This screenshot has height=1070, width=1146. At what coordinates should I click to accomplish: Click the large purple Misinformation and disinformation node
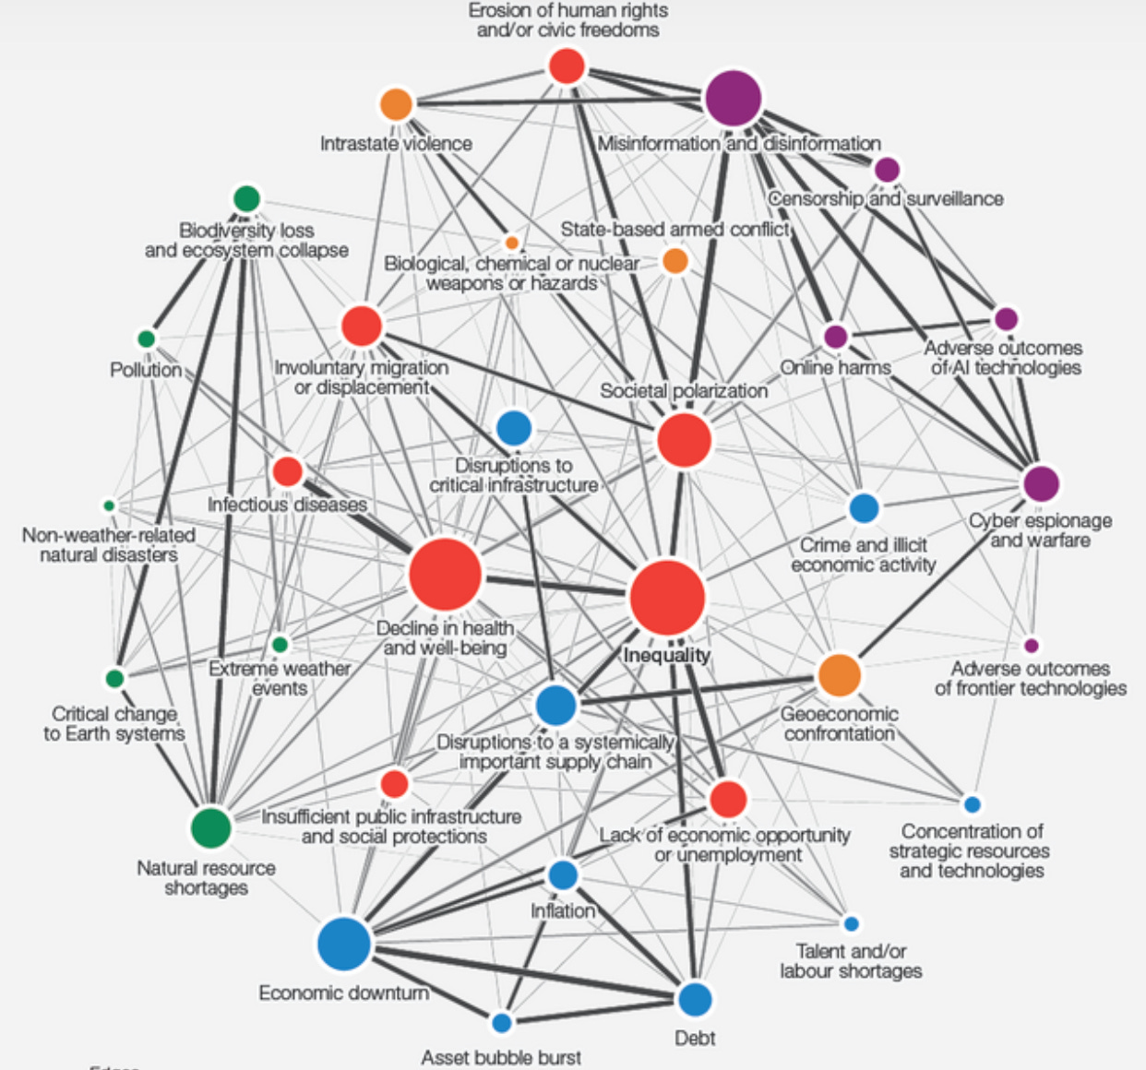pos(733,98)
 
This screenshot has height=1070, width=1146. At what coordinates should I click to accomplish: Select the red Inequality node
pos(667,597)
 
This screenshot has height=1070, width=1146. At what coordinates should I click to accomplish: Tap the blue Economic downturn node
pos(344,944)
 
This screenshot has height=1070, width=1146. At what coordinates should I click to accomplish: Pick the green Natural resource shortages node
pos(211,826)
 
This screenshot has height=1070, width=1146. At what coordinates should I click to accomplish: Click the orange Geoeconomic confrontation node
pos(839,674)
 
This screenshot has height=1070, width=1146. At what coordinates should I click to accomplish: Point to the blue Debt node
pos(695,999)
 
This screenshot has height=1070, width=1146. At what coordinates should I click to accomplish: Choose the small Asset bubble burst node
pos(501,1022)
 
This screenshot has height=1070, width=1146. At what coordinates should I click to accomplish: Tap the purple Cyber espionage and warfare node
pos(1041,483)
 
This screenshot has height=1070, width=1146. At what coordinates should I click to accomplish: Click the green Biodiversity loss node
pos(246,198)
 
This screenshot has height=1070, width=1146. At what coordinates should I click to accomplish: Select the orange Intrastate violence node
pos(396,104)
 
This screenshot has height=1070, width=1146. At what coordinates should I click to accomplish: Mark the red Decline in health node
pos(445,575)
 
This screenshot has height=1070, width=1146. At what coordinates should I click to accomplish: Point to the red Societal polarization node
pos(685,440)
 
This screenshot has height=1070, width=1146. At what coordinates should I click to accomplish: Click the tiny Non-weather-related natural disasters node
pos(109,505)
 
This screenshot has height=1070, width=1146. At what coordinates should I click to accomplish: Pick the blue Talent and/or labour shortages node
pos(851,923)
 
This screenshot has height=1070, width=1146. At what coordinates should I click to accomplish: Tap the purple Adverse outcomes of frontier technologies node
pos(1032,646)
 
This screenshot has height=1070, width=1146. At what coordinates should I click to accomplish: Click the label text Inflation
pos(563,911)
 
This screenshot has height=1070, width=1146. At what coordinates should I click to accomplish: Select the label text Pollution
pos(146,370)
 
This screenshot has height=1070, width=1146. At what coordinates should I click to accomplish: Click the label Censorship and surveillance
pos(885,198)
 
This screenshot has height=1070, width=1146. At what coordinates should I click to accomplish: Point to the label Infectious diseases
pos(287,505)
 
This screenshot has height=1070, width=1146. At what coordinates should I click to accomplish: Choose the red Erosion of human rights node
pos(567,66)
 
